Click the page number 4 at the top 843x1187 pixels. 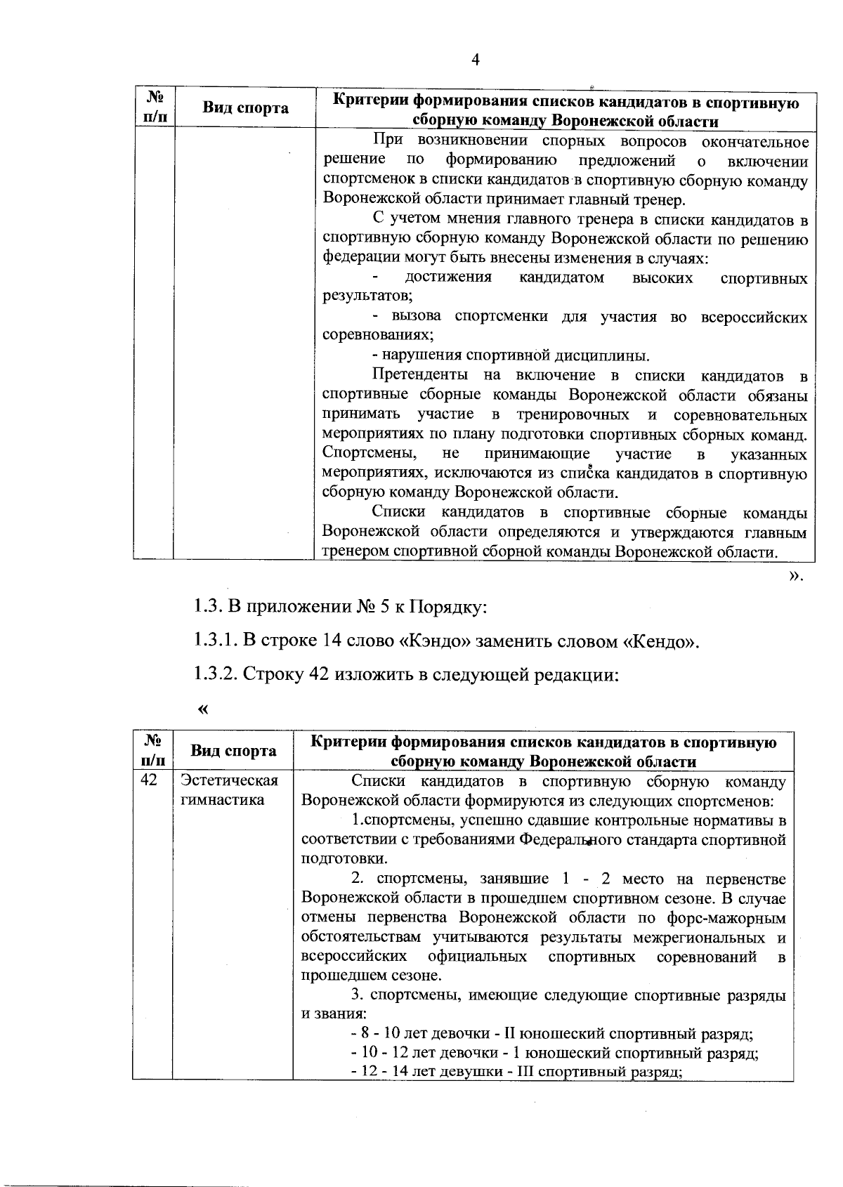[x=475, y=60]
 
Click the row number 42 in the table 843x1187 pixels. [x=149, y=781]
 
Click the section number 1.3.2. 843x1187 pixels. [x=214, y=676]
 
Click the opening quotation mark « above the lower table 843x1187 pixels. [x=203, y=709]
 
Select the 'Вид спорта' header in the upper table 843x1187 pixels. [x=245, y=108]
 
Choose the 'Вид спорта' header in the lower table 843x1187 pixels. [x=233, y=751]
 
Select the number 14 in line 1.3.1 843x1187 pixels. [x=332, y=642]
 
